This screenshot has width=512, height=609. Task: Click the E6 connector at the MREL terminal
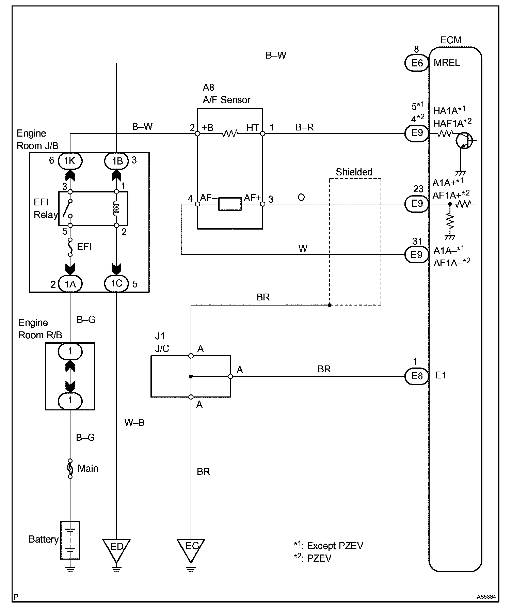pyautogui.click(x=417, y=63)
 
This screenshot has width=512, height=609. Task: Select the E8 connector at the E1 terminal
pyautogui.click(x=417, y=376)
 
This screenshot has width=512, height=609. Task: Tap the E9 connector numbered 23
pyautogui.click(x=417, y=204)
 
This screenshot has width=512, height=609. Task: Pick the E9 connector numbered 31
pyautogui.click(x=417, y=255)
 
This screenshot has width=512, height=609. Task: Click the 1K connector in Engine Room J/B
pyautogui.click(x=70, y=161)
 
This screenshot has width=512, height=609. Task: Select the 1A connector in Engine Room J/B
pyautogui.click(x=70, y=284)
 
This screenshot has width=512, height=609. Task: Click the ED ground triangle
pyautogui.click(x=116, y=549)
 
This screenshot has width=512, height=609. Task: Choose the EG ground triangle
pyautogui.click(x=191, y=549)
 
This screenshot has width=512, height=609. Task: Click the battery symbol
pyautogui.click(x=70, y=540)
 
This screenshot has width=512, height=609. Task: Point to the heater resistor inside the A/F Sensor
pyautogui.click(x=230, y=134)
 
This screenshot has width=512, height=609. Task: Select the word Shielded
pyautogui.click(x=354, y=172)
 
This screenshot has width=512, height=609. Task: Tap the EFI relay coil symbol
pyautogui.click(x=116, y=208)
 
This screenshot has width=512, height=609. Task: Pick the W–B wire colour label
pyautogui.click(x=134, y=423)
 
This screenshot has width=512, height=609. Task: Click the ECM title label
pyautogui.click(x=451, y=40)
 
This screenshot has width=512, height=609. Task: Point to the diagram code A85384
pyautogui.click(x=486, y=597)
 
